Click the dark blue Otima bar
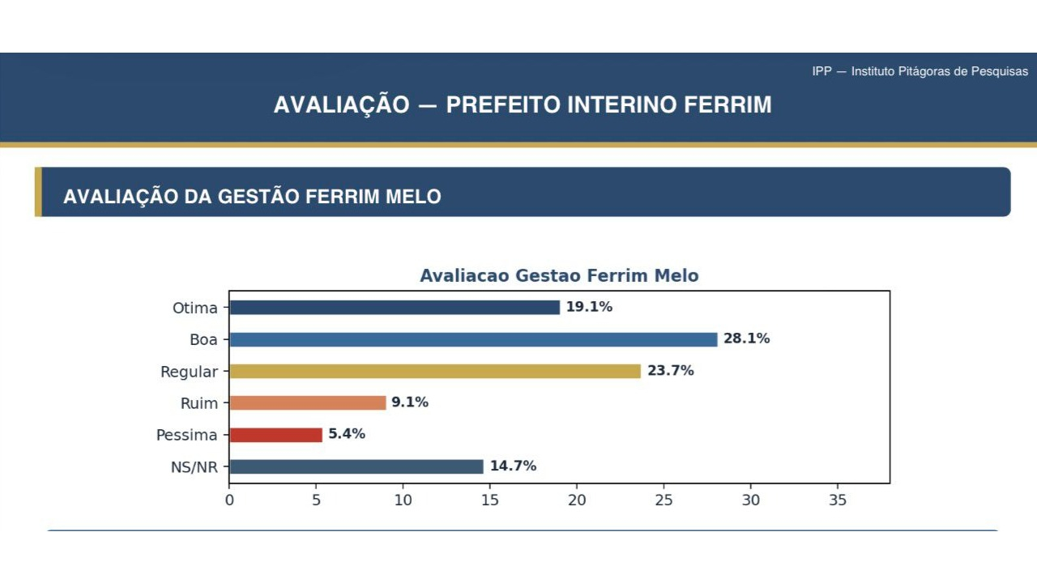[x=395, y=308]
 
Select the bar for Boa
[x=473, y=339]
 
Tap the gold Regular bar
[x=435, y=371]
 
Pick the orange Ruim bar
[x=308, y=402]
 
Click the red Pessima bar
[x=275, y=435]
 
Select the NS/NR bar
[x=356, y=466]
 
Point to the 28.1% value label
[x=746, y=338]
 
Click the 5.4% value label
[x=347, y=434]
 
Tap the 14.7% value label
[x=513, y=466]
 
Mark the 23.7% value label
[x=670, y=371]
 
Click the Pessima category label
[x=187, y=436]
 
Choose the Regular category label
[x=190, y=372]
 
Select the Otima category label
[x=195, y=309]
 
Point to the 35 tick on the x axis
[x=838, y=500]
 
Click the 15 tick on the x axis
[x=490, y=500]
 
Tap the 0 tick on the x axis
[x=229, y=500]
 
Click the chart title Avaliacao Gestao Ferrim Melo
[x=559, y=276]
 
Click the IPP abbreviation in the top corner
[x=821, y=71]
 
